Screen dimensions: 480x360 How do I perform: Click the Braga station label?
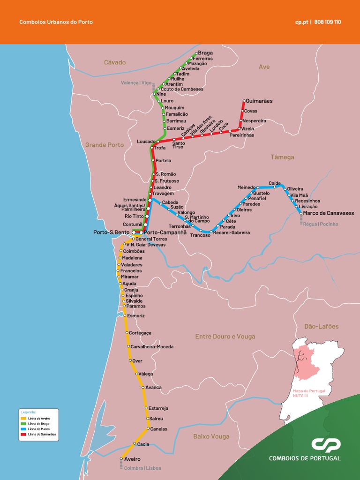click(205, 53)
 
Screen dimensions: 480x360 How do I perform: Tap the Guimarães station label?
click(259, 101)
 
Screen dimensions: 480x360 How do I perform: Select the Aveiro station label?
click(132, 459)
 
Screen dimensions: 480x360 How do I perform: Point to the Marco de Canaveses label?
click(329, 213)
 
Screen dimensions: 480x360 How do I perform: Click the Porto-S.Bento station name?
click(112, 232)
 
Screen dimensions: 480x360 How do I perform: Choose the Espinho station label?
click(134, 296)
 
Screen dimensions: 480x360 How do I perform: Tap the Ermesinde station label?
click(135, 200)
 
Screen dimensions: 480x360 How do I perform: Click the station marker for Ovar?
click(130, 360)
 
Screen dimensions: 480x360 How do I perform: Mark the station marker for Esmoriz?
click(124, 315)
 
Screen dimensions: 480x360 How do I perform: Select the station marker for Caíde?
click(275, 187)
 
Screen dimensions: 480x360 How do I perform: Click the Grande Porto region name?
click(105, 145)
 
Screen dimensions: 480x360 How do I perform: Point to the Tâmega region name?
click(282, 157)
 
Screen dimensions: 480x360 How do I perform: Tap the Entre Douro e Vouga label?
click(225, 337)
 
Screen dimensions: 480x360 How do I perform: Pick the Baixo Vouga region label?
click(211, 436)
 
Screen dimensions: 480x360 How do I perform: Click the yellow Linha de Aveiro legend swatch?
click(23, 418)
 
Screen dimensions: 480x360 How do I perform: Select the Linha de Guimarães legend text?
click(42, 434)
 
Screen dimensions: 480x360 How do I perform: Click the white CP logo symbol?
click(326, 445)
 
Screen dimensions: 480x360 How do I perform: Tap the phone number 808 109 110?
click(328, 22)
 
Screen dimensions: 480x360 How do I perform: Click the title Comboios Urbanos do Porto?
click(56, 22)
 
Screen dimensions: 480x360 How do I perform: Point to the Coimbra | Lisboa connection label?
click(142, 468)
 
